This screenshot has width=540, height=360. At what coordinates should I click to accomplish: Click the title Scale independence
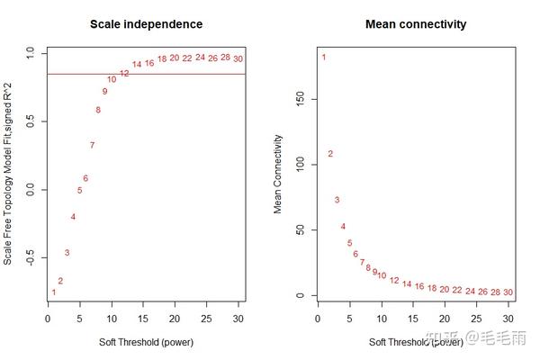[146, 23]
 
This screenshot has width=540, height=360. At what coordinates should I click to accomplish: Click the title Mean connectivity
[416, 23]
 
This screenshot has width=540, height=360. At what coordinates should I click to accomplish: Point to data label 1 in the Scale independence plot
[54, 292]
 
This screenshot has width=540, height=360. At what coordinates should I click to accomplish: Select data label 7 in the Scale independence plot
[92, 145]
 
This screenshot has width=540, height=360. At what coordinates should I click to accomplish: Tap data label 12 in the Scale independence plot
[124, 73]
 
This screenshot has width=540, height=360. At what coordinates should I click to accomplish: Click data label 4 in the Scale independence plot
[73, 217]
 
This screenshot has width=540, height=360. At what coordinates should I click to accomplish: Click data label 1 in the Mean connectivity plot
[324, 58]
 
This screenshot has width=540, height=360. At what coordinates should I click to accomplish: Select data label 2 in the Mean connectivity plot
[330, 154]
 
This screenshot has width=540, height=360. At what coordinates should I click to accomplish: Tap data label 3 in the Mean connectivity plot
[337, 200]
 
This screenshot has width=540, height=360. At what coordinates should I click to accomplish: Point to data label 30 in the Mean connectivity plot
[508, 292]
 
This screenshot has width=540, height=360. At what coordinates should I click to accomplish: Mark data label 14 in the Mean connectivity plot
[407, 284]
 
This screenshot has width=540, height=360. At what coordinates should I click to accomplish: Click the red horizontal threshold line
[180, 74]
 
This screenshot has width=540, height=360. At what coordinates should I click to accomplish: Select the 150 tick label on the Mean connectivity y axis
[301, 100]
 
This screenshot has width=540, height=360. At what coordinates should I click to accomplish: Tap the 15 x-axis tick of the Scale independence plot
[144, 318]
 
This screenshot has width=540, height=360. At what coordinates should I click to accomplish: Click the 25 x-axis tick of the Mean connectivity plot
[476, 318]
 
